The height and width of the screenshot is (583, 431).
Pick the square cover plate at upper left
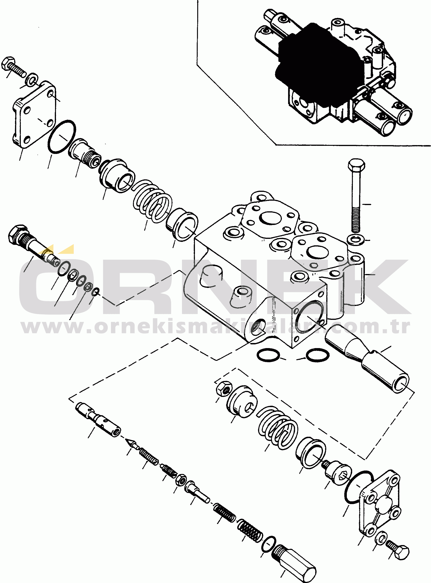[x=34, y=115]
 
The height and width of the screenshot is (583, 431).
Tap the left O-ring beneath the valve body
[x=268, y=355]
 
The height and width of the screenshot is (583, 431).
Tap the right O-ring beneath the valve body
[x=317, y=355]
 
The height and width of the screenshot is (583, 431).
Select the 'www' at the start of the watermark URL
[x=46, y=327]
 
